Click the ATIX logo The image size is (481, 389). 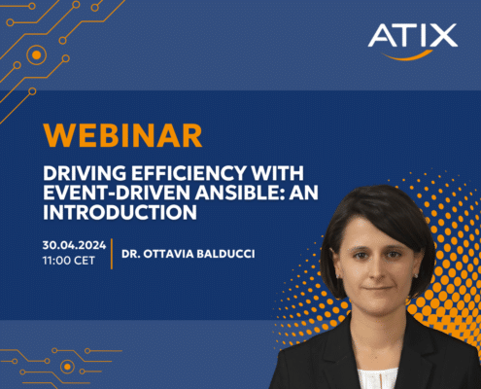(x=413, y=41)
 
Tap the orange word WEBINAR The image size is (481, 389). (x=122, y=135)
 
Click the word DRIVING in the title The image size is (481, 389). (x=85, y=173)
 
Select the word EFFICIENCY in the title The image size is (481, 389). (x=189, y=173)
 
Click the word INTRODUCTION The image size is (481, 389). (x=120, y=212)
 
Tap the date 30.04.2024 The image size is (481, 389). (x=74, y=245)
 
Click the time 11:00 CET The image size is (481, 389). (x=69, y=261)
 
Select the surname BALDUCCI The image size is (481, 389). (x=225, y=254)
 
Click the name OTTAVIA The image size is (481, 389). (x=168, y=254)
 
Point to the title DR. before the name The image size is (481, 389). (x=131, y=254)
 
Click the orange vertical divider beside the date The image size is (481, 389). (x=112, y=254)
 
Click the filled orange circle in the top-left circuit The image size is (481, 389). (x=37, y=55)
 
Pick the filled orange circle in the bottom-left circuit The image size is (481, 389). (x=67, y=367)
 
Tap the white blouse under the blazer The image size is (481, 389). (x=377, y=378)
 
